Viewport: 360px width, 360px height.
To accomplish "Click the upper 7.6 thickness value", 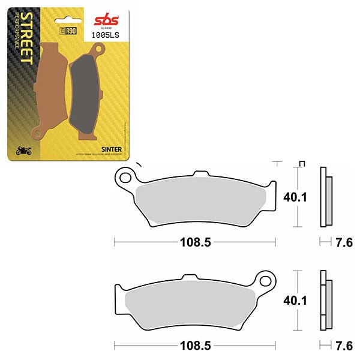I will tap(344, 243).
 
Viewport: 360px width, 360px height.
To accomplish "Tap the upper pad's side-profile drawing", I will tap(325, 198).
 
